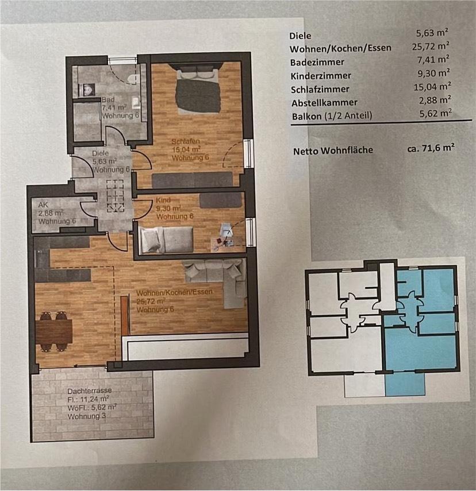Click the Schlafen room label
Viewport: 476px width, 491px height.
click(x=186, y=141)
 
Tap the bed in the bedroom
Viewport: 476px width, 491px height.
click(x=198, y=89)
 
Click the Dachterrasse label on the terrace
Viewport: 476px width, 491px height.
click(x=90, y=391)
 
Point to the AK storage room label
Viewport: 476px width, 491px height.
click(x=43, y=205)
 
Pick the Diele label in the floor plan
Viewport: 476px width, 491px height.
click(x=101, y=153)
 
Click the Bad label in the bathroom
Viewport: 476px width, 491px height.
click(x=108, y=99)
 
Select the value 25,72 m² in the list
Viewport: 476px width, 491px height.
click(x=431, y=46)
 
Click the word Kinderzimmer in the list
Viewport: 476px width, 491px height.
click(x=321, y=76)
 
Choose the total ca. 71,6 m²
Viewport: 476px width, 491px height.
click(x=431, y=148)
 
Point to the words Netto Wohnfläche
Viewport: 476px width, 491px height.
click(x=333, y=151)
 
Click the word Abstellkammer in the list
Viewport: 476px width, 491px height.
click(x=325, y=103)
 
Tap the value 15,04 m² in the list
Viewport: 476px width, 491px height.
click(x=432, y=86)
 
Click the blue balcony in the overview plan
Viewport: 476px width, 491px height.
click(x=405, y=384)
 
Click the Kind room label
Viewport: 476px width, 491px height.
click(x=163, y=200)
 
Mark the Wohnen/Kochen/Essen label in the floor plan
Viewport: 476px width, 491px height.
click(x=174, y=292)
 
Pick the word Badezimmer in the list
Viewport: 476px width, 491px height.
click(x=317, y=62)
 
